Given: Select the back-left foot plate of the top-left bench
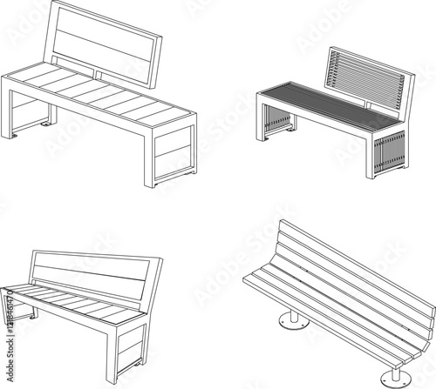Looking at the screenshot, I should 41,123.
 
